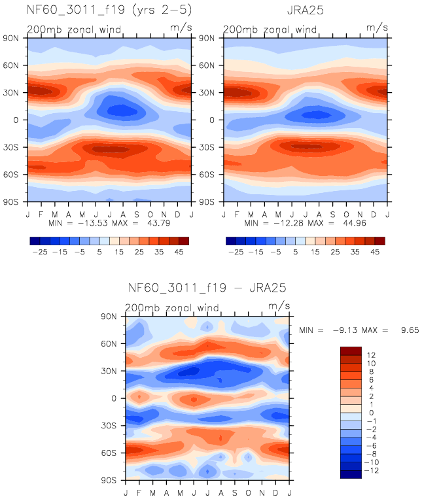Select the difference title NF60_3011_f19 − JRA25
pyautogui.click(x=207, y=287)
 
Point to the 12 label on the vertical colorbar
pyautogui.click(x=372, y=354)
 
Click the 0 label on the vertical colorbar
pyautogui.click(x=372, y=413)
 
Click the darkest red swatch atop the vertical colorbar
pyautogui.click(x=351, y=351)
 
